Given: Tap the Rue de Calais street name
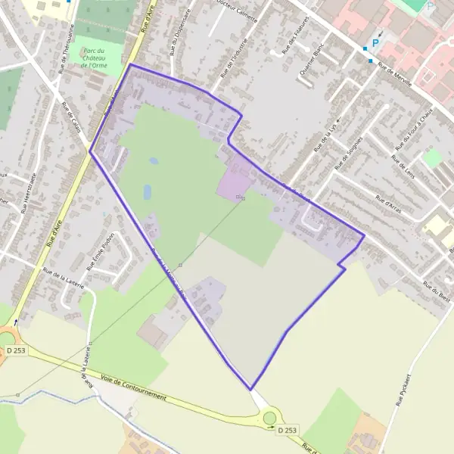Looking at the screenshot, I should (72, 117).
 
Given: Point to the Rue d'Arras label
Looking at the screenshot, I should (387, 201).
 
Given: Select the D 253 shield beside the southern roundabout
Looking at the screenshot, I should (287, 431).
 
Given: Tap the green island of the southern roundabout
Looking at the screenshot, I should (269, 418).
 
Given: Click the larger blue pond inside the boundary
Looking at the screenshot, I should (147, 192).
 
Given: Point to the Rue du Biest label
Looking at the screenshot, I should (437, 292).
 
